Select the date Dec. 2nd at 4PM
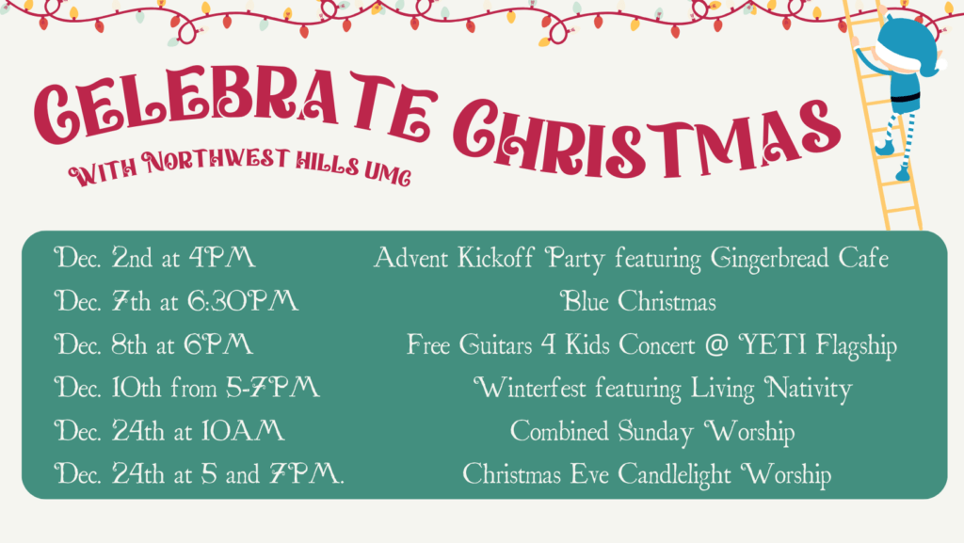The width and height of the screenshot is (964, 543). pyautogui.click(x=154, y=257)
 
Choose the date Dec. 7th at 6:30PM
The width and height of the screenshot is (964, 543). pyautogui.click(x=176, y=301)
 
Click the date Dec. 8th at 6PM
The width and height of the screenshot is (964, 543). pyautogui.click(x=153, y=344)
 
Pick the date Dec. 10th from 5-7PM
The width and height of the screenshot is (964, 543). pyautogui.click(x=187, y=388)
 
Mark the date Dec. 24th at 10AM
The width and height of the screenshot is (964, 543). pyautogui.click(x=169, y=431)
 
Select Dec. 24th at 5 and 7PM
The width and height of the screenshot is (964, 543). pyautogui.click(x=199, y=473)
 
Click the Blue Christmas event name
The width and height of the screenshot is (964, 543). pyautogui.click(x=638, y=301)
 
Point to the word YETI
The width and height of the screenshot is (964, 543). pyautogui.click(x=772, y=344)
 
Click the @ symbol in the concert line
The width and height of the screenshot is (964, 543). pyautogui.click(x=716, y=344)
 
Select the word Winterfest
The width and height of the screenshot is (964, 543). pyautogui.click(x=529, y=388)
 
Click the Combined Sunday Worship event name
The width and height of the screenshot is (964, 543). pyautogui.click(x=652, y=432)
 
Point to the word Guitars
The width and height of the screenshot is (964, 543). pyautogui.click(x=495, y=344)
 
